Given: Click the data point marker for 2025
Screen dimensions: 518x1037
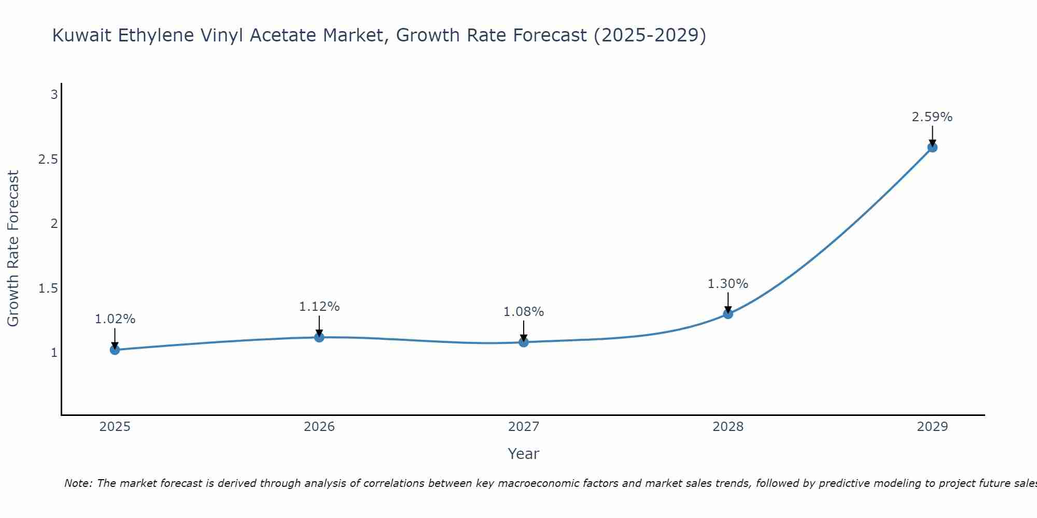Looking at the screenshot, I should coord(115,350).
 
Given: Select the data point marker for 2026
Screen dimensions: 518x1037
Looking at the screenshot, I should coord(319,337).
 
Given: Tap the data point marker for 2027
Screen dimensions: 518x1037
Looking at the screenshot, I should coord(524,342).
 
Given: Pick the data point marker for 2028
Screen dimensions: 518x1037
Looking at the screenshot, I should coord(728,314).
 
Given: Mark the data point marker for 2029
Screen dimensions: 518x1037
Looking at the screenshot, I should coord(932,147).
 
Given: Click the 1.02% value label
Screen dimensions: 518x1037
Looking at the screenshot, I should coord(115,319).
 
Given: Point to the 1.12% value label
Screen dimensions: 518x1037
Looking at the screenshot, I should coord(319,307).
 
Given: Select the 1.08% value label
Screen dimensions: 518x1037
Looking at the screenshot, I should coord(524,312).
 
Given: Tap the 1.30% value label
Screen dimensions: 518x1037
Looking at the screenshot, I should coord(728,284).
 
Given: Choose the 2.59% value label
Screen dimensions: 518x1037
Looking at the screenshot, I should coord(932,117).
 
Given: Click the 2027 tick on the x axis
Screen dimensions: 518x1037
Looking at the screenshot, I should coord(524,427).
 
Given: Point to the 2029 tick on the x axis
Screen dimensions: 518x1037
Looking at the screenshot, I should coord(932,427).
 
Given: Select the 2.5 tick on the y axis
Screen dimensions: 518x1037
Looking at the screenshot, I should coord(48,159).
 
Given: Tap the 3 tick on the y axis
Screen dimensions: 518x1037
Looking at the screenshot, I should coord(54,95).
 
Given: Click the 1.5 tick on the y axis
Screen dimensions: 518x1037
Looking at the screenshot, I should coord(48,288).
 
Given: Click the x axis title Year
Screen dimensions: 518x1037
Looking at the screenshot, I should coord(524,454).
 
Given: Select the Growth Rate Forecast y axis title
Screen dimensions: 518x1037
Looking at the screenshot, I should coord(13,248).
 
